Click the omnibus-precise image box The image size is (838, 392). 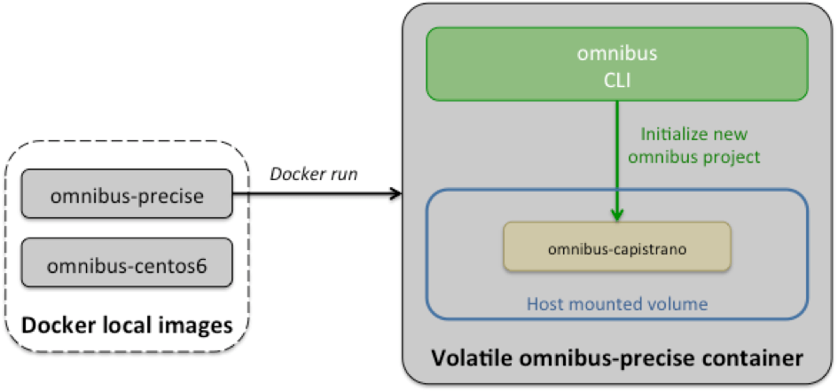[x=126, y=193]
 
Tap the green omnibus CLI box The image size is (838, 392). [x=617, y=63]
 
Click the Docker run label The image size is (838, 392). [x=313, y=174]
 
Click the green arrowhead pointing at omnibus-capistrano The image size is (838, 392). [x=617, y=215]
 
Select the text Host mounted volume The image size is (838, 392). [x=617, y=303]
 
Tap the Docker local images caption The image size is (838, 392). [x=126, y=326]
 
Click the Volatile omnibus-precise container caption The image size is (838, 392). [x=617, y=359]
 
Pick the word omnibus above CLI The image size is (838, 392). [x=617, y=52]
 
